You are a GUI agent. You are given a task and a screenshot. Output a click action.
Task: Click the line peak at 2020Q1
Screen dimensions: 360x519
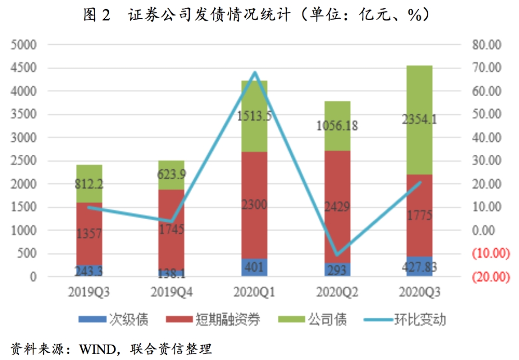[254, 73]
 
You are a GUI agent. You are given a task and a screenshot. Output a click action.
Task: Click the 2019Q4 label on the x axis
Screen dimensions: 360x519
[171, 292]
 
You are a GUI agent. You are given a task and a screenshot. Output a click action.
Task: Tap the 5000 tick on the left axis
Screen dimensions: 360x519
[24, 45]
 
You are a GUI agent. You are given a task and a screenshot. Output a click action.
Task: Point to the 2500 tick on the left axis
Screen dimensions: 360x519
[24, 161]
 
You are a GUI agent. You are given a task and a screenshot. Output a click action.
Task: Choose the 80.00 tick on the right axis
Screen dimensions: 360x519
[487, 45]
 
